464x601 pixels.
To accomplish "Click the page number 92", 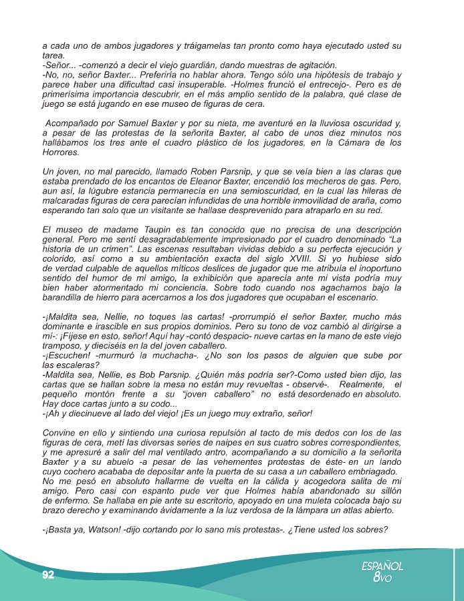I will [x=47, y=575].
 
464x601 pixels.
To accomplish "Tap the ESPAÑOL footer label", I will [x=382, y=566].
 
